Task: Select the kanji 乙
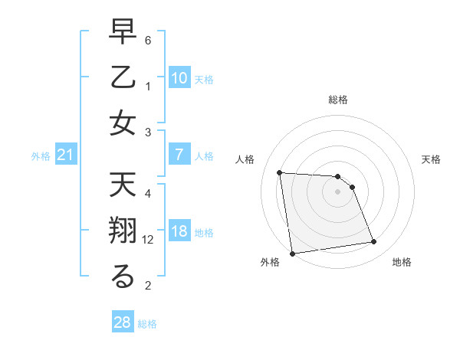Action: [x=123, y=79]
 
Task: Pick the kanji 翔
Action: [x=123, y=233]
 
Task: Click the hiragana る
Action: [x=123, y=278]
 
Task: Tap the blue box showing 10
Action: [x=179, y=77]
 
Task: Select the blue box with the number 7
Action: [x=179, y=155]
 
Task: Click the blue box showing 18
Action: [x=179, y=232]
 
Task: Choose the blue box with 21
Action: [x=65, y=155]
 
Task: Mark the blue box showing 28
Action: [x=122, y=322]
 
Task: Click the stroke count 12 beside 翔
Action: [x=149, y=240]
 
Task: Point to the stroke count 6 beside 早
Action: [x=148, y=39]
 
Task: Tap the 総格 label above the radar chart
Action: [x=338, y=100]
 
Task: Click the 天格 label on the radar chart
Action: [x=431, y=159]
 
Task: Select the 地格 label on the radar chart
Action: [x=402, y=262]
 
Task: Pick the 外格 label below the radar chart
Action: [x=270, y=262]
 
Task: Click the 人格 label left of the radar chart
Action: [x=245, y=159]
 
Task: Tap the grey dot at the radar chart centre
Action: [x=337, y=191]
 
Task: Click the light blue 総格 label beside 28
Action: [x=147, y=324]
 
